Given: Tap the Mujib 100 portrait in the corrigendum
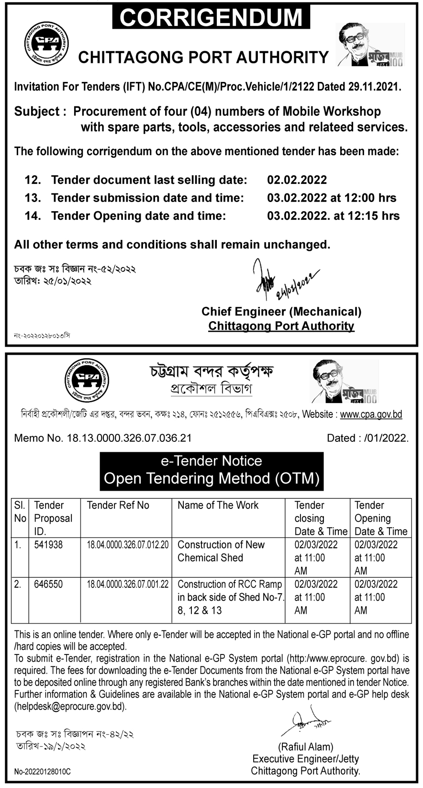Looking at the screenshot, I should coord(369,45).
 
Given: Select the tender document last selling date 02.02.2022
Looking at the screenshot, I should coord(297,180).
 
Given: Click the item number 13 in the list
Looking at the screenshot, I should coord(33,198).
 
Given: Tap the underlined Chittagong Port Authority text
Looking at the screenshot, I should coord(281,326).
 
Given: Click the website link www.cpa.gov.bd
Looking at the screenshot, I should coord(371,415).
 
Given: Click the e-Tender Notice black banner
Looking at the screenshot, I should coord(211,470).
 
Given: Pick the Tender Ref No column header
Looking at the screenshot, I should coord(118,505).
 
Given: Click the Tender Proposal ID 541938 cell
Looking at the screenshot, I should coord(48,545).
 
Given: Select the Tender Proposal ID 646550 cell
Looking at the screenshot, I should coord(48,584).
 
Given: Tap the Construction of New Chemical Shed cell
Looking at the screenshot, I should coord(221,551).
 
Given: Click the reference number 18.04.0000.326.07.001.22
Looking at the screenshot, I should coord(127,585).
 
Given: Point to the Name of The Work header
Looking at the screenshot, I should coord(218,505).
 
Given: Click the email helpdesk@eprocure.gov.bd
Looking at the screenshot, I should coord(71,706).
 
